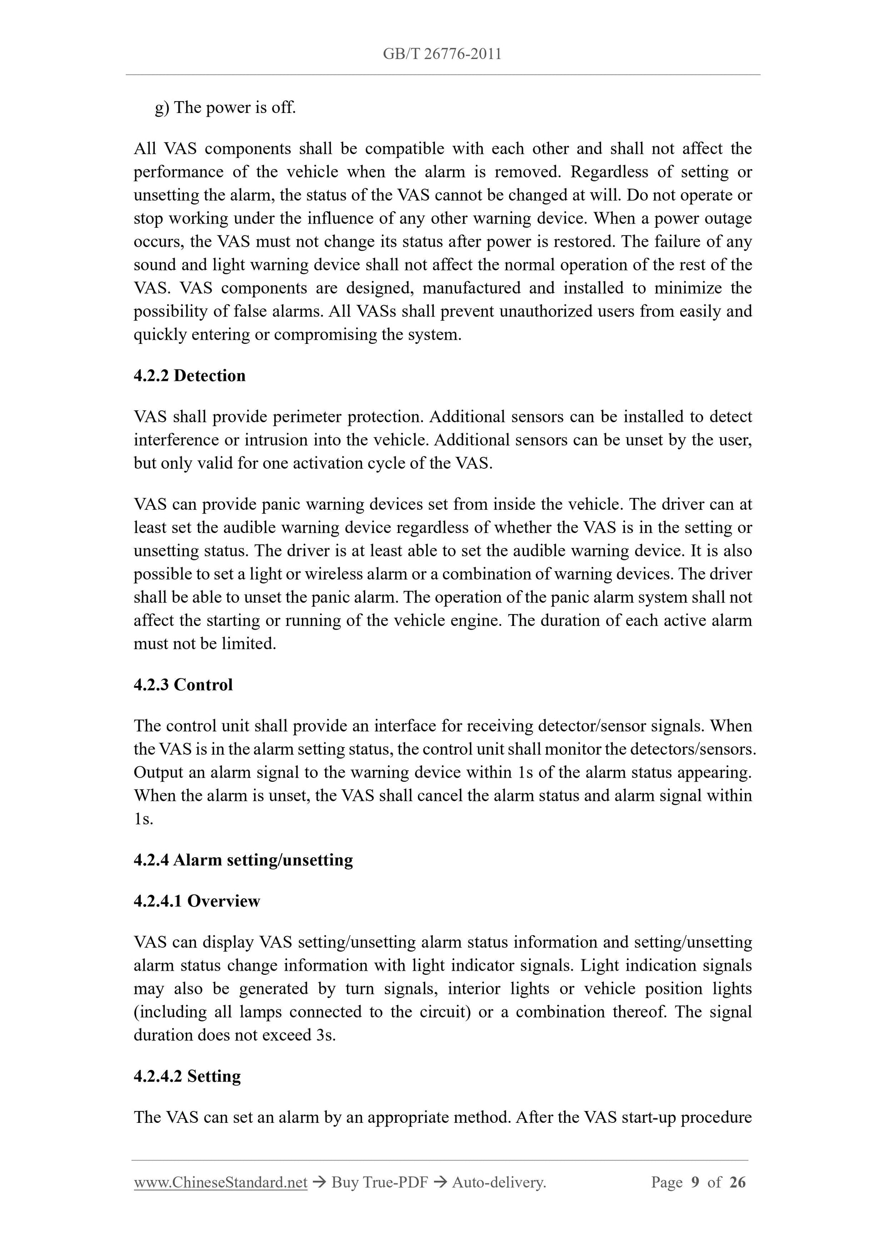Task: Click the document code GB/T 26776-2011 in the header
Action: click(442, 54)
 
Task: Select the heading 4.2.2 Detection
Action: click(189, 376)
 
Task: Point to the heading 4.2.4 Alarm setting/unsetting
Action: click(243, 860)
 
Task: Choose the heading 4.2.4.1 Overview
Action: click(197, 901)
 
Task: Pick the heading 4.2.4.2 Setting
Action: click(187, 1076)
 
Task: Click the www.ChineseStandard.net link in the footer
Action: click(220, 1182)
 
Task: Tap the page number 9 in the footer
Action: click(695, 1182)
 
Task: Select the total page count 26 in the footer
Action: click(737, 1182)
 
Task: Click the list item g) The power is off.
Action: click(225, 107)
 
